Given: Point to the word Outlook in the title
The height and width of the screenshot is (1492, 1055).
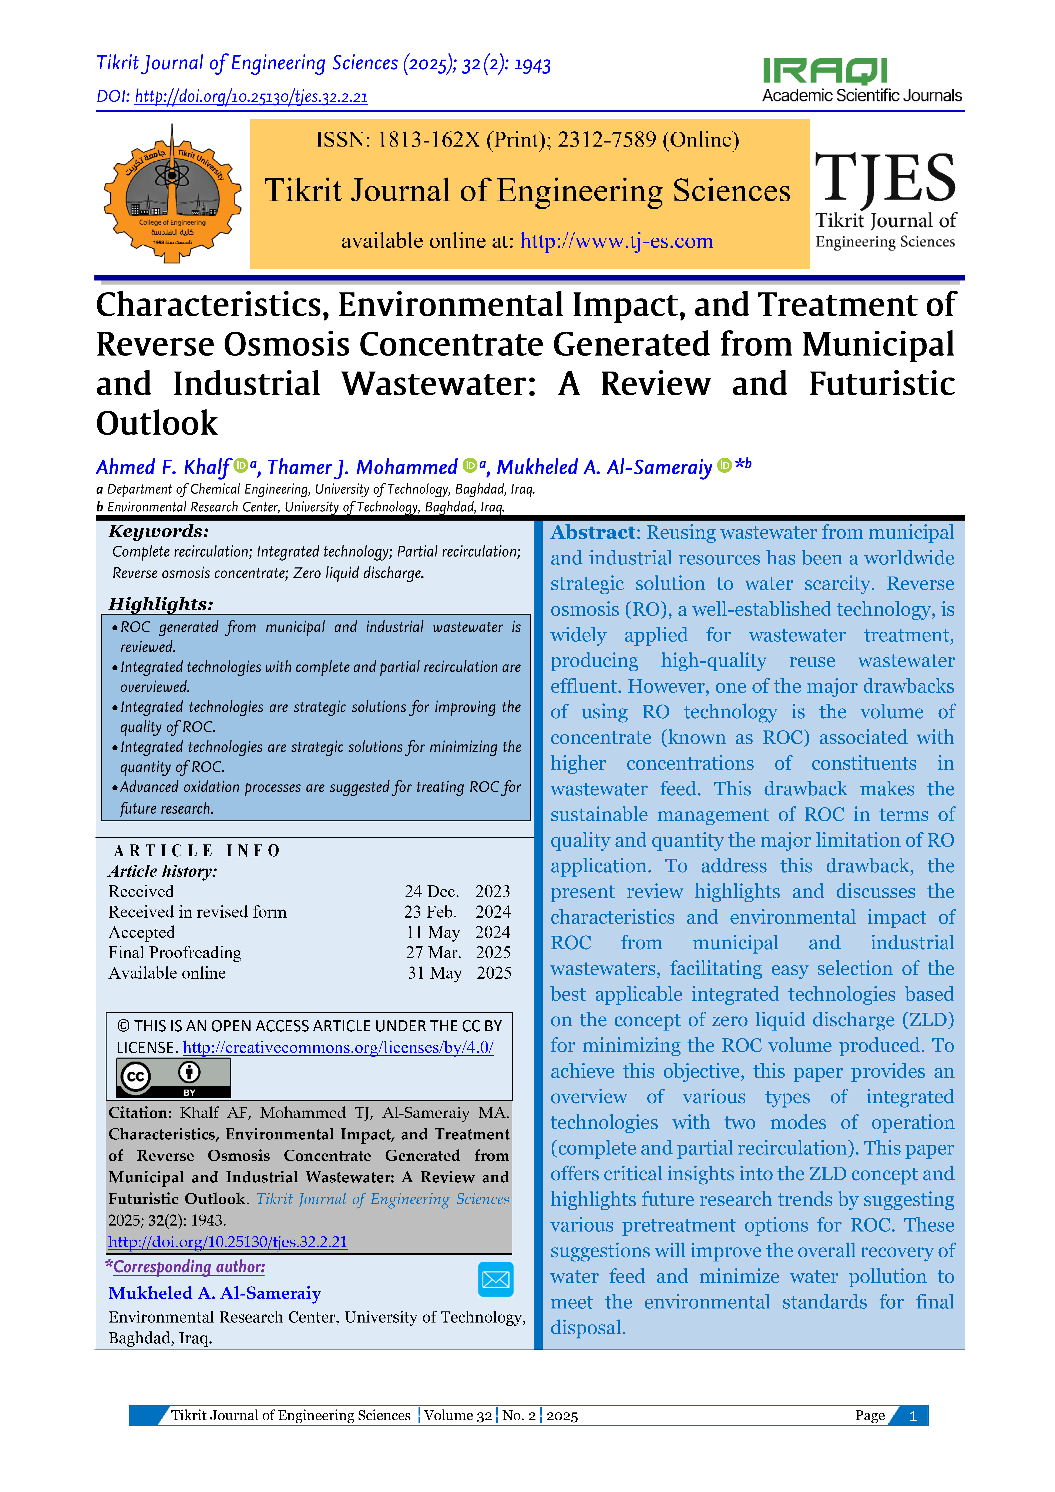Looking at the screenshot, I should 157,424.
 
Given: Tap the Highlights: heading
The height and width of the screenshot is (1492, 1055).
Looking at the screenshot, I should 161,604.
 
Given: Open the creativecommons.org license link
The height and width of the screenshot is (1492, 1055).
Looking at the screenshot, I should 338,1048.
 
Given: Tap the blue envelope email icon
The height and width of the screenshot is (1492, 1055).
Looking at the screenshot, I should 495,1279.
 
